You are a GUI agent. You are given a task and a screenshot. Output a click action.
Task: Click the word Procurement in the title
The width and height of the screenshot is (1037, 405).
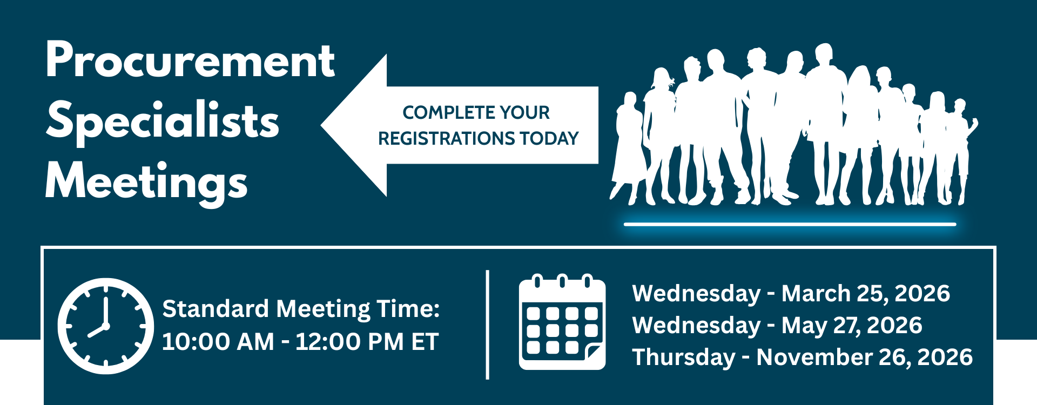point(191,60)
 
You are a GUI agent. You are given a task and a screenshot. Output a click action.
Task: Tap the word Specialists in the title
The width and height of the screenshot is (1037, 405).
point(163,122)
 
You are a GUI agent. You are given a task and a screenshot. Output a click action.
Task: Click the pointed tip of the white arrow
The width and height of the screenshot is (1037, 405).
point(321,125)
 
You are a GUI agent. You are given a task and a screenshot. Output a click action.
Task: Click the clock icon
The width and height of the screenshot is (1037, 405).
point(106,326)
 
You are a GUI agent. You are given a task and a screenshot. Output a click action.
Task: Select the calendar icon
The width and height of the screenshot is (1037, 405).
point(562,322)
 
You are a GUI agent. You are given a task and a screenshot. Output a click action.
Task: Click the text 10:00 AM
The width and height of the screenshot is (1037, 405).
point(218,342)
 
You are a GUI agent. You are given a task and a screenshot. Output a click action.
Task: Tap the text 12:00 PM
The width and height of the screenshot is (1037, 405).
point(349,342)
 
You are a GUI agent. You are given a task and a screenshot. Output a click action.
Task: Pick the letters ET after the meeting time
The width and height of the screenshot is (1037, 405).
point(425,342)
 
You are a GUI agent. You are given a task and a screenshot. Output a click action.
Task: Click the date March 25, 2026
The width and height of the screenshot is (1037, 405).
point(866,293)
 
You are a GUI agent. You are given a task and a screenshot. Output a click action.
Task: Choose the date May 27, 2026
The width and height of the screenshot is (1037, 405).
point(852,325)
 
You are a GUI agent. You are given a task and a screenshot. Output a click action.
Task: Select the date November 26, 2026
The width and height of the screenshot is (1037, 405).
point(864,357)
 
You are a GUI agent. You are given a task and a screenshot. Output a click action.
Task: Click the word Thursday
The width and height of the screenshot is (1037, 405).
point(684,357)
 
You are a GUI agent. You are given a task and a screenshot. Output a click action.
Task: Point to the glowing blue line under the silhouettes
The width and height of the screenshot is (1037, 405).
point(790,224)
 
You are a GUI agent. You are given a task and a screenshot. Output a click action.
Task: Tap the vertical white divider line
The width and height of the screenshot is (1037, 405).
point(488,325)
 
